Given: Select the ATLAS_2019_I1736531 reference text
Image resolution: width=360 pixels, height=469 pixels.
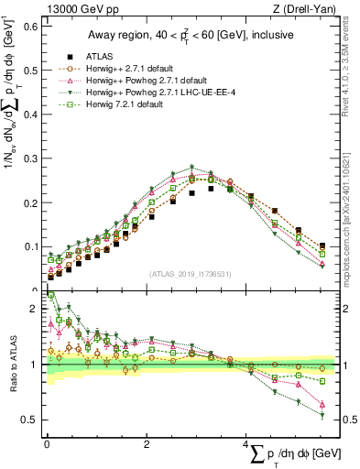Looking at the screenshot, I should pos(190,273).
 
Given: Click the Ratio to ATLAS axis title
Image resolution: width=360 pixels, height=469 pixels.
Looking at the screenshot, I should pos(11,365).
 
